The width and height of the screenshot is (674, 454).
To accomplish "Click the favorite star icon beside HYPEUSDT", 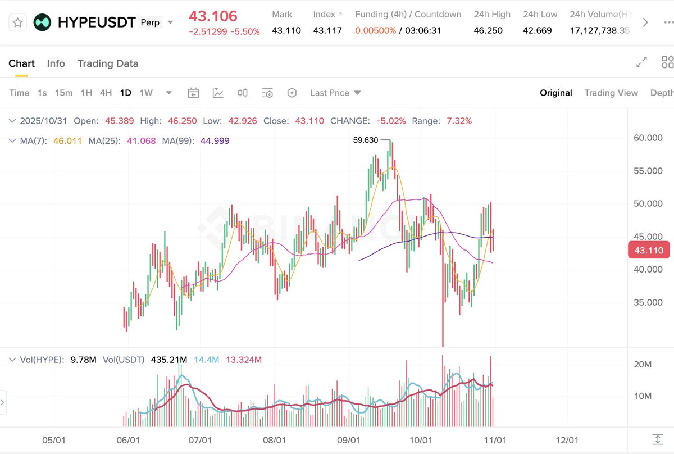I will tap(18, 22).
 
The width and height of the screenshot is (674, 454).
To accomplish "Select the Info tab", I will tap(56, 63).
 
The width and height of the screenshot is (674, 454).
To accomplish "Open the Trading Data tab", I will tap(108, 63).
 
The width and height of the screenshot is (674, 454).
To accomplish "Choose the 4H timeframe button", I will tap(106, 93).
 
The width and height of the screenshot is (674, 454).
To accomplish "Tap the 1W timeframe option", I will tap(146, 93).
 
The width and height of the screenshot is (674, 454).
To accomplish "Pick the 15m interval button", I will tap(63, 93).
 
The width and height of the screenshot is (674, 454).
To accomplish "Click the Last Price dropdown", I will tap(335, 93).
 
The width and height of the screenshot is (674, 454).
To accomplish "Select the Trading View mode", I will tap(611, 93).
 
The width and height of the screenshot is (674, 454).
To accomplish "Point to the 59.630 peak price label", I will tap(365, 140).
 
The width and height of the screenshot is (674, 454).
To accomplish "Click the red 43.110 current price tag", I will tap(649, 251).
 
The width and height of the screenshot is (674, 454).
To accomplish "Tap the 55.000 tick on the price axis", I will tap(648, 171).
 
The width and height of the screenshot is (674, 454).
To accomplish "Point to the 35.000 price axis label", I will tap(648, 302).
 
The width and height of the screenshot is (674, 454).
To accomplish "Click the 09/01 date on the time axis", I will tap(348, 440).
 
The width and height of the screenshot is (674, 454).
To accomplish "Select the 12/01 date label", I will tap(567, 440).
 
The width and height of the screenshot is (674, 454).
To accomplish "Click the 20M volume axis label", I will tap(643, 364).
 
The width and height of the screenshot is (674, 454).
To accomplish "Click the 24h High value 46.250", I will tap(488, 30).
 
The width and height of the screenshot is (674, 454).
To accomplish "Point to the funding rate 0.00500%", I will tap(375, 30).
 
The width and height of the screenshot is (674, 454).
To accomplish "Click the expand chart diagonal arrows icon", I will tap(641, 63).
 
